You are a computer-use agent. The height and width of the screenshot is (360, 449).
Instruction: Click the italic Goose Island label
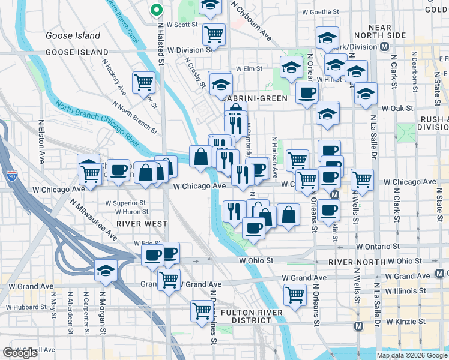point(73,35)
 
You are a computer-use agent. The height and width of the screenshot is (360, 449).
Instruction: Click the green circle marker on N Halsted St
point(156,10)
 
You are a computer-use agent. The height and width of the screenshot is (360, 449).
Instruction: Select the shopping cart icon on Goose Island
point(143,82)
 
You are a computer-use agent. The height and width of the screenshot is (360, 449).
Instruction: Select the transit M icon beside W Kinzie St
point(359,326)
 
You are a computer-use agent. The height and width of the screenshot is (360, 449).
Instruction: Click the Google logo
point(20,353)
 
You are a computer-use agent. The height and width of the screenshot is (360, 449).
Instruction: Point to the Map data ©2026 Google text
point(412,355)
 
